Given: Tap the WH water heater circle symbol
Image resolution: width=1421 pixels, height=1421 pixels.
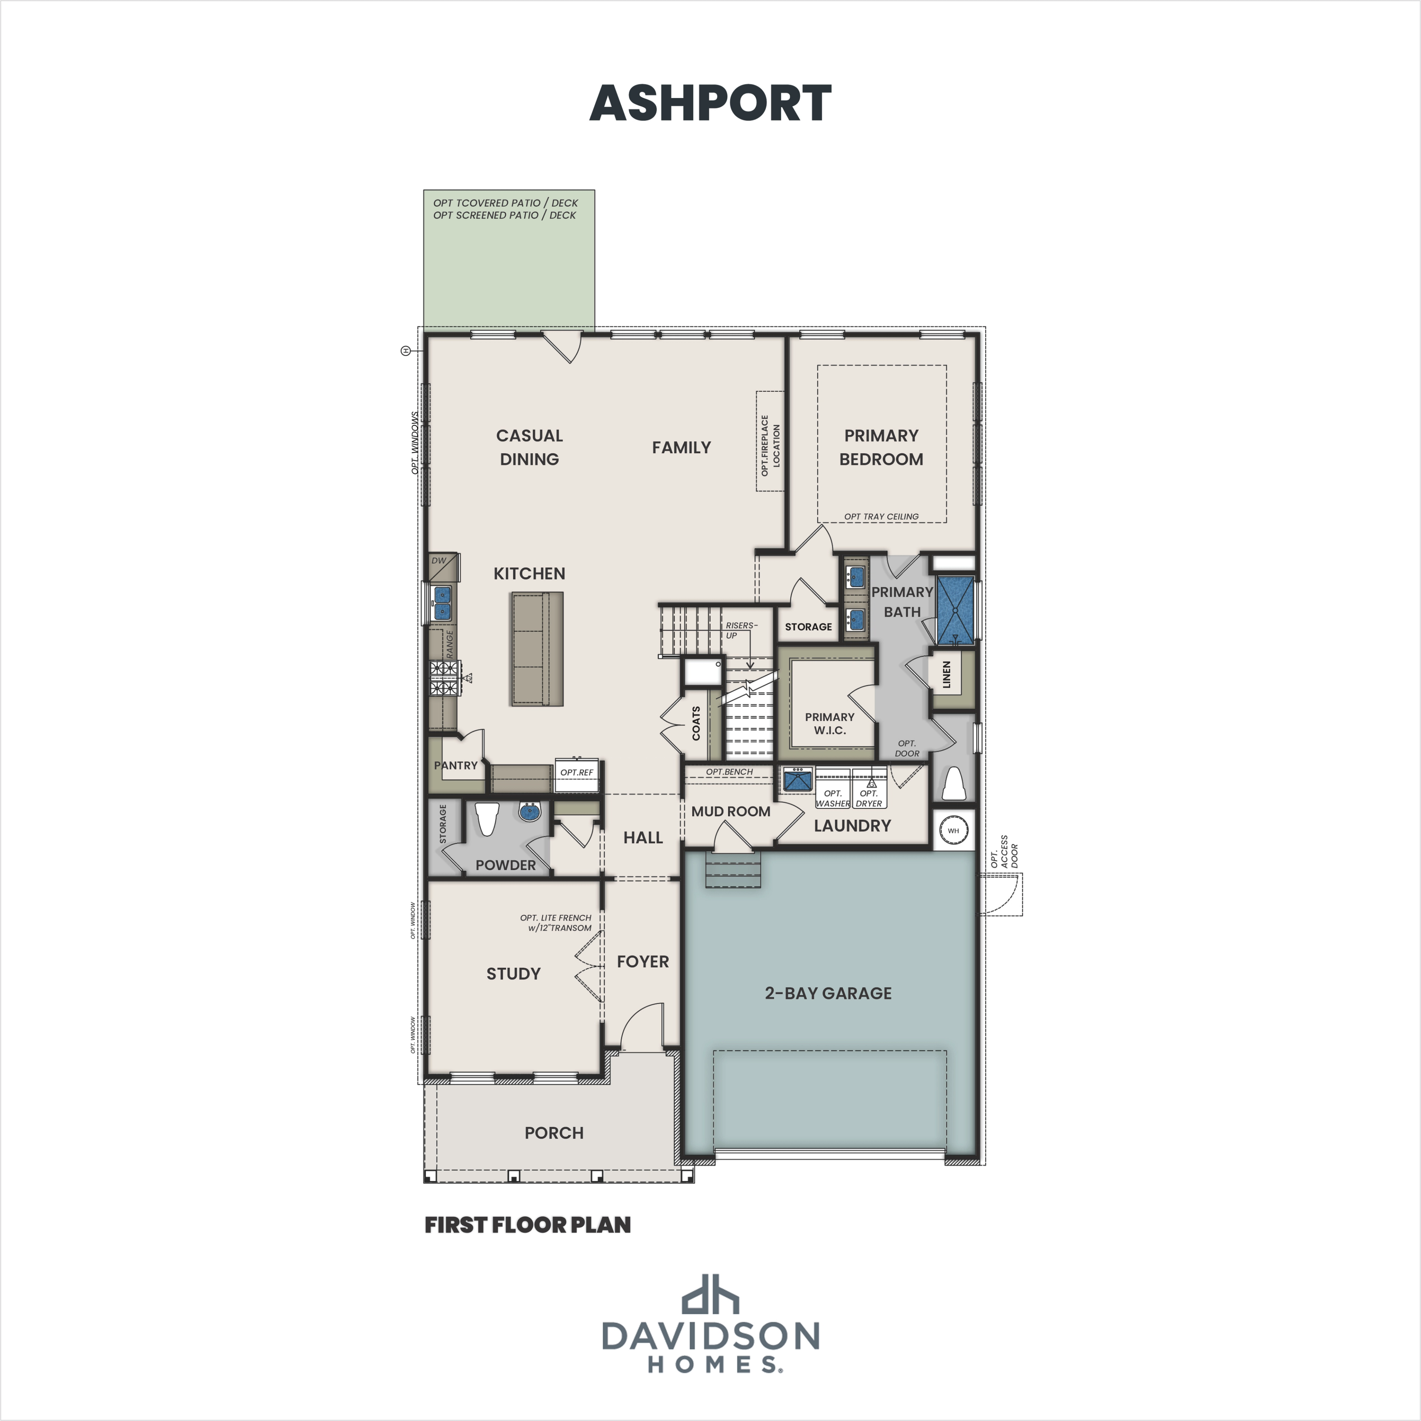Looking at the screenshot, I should point(953,830).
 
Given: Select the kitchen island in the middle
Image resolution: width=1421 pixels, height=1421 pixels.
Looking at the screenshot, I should point(537,649).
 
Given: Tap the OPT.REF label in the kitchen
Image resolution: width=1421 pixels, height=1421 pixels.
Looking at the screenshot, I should point(577,772).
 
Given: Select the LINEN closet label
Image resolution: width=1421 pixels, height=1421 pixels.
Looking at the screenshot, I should point(947,675).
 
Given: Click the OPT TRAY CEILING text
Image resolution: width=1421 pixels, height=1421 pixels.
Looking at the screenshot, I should point(881,516).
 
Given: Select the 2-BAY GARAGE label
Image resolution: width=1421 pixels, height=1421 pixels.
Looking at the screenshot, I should point(828,993).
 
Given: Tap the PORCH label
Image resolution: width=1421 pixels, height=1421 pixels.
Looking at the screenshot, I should point(554,1133).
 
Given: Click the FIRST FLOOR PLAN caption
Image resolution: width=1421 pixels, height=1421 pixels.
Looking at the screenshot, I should point(527,1225).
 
